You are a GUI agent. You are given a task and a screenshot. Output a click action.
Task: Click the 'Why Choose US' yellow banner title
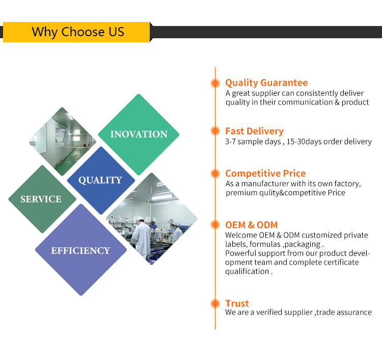pos(78,32)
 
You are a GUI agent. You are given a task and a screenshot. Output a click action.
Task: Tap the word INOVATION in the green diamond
pos(139,134)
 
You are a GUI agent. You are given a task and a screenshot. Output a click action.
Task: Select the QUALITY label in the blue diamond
pos(100,180)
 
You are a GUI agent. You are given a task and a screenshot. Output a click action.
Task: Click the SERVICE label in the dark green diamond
pos(41,199)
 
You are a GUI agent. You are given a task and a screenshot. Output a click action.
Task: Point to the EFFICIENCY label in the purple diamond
pos(80,250)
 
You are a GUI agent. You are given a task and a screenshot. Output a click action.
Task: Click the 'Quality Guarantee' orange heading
pos(266,83)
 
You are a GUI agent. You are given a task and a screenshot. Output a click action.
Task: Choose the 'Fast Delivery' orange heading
pos(254,131)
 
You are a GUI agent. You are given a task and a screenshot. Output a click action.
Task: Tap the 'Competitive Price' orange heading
pos(265,173)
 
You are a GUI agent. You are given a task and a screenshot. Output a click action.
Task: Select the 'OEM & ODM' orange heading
pos(252,225)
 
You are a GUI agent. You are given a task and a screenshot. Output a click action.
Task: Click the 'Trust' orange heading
pos(237,303)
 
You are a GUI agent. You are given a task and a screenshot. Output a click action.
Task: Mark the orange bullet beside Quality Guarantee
pos(215,83)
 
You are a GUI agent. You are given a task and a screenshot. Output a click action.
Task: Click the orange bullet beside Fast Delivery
pos(215,131)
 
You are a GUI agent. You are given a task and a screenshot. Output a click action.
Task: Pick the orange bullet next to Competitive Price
pos(215,174)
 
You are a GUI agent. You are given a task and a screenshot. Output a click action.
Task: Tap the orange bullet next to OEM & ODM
pos(215,225)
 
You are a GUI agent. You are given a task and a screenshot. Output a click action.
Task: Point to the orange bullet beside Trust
pos(215,304)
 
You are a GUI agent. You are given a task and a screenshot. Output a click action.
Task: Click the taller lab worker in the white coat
pos(141,237)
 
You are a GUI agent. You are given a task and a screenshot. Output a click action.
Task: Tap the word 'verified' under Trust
pos(269,312)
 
